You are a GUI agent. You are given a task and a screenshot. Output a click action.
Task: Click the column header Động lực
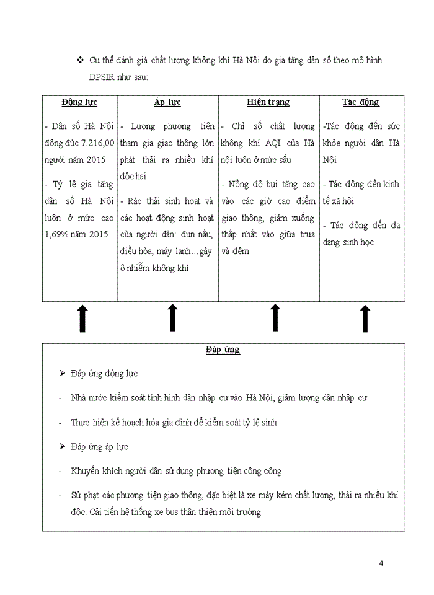[79, 102]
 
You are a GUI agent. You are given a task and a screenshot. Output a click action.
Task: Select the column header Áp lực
[167, 102]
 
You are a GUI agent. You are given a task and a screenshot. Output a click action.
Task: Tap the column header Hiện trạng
[268, 102]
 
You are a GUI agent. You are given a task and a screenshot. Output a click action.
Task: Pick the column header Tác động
[361, 102]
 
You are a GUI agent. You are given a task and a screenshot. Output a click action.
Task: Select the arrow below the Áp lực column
[173, 319]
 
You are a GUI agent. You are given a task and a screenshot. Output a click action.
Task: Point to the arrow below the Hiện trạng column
[275, 319]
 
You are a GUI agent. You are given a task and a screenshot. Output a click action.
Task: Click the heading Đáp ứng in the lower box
[223, 350]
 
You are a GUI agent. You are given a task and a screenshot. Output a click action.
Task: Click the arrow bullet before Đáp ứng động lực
[61, 374]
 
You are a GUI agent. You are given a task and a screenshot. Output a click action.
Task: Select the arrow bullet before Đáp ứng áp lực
[61, 447]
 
